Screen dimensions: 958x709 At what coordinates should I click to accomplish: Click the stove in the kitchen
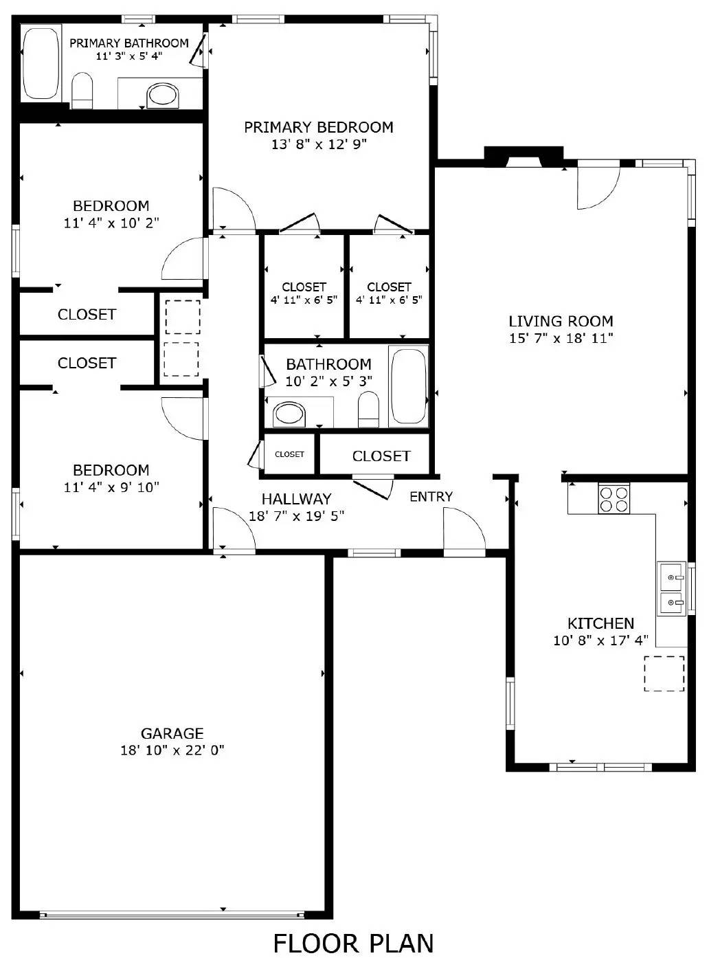614,498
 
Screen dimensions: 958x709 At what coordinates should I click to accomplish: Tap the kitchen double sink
672,589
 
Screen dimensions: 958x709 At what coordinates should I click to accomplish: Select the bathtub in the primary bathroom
42,63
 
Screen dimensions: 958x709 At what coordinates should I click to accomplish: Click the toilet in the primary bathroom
82,91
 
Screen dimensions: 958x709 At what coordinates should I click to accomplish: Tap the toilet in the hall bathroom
369,410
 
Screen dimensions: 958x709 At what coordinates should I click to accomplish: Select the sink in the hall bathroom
289,414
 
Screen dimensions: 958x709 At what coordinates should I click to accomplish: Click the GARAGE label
172,733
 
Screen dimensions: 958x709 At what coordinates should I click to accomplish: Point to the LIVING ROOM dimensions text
561,338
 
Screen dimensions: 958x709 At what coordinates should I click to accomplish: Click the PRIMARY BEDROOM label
319,127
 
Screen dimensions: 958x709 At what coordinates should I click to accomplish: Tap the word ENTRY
431,496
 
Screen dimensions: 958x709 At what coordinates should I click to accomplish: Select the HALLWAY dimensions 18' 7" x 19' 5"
296,516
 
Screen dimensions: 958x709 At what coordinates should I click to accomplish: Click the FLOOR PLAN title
353,943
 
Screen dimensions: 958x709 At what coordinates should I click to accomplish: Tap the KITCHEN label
600,623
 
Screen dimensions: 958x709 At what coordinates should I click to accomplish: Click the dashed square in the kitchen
664,673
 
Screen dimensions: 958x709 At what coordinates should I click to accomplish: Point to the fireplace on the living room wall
524,157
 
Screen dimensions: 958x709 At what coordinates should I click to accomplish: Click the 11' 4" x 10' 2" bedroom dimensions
111,223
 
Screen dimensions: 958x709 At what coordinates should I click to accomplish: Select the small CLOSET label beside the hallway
289,454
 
